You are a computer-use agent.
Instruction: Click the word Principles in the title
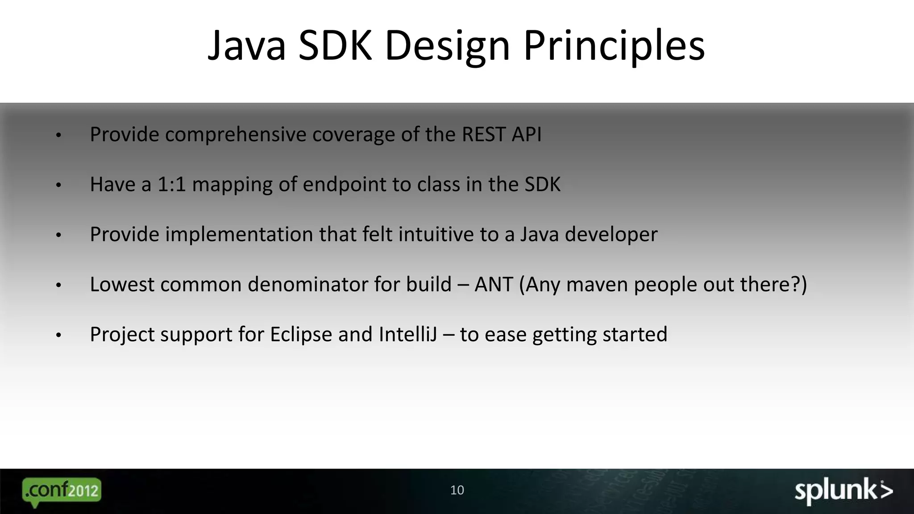(x=614, y=46)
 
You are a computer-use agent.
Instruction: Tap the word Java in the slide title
(x=247, y=46)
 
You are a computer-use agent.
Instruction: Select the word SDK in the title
(x=335, y=46)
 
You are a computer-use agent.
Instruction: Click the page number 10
(x=457, y=490)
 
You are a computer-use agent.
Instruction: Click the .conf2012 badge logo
(x=62, y=491)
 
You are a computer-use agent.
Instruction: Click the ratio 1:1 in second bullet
(x=171, y=184)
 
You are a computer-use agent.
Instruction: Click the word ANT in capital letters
(x=493, y=284)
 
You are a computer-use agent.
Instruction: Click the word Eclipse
(x=301, y=335)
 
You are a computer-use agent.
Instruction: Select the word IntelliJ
(x=408, y=335)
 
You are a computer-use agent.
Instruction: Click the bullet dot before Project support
(x=58, y=335)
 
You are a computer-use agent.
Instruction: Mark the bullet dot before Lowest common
(x=58, y=285)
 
